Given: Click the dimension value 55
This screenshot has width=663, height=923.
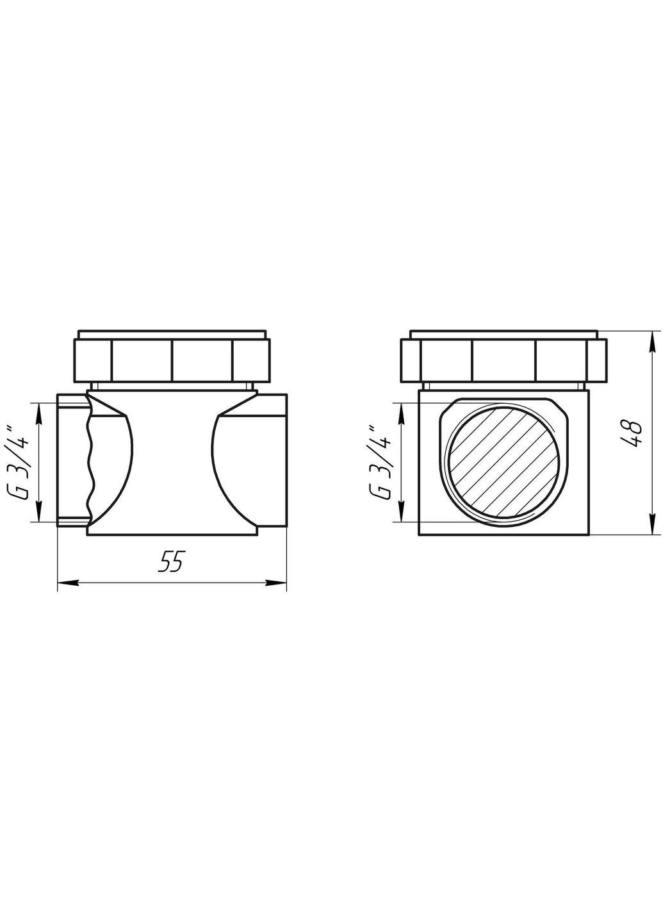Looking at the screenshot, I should pos(171,562).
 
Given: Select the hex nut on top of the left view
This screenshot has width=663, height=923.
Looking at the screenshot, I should pos(173,361).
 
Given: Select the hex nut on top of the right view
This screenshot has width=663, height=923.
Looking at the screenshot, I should pos(503,361).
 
